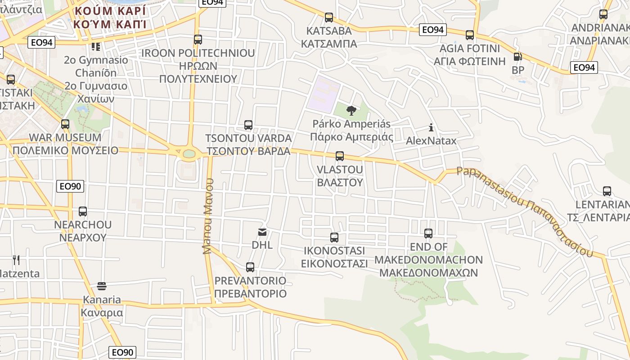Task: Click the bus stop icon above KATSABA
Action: (x=329, y=18)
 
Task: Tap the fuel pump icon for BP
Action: (x=518, y=57)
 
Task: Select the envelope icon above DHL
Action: (x=262, y=232)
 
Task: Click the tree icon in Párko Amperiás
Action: (x=351, y=110)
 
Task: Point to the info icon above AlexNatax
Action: (x=431, y=127)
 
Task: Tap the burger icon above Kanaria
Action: (x=102, y=286)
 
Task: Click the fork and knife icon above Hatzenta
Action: (x=16, y=260)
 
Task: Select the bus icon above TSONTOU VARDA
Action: (x=248, y=125)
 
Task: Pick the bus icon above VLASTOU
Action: (x=340, y=156)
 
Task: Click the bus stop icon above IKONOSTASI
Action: (x=334, y=238)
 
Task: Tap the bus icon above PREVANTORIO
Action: (x=250, y=267)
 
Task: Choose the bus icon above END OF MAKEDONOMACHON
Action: (x=428, y=234)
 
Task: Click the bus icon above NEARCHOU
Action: (x=83, y=211)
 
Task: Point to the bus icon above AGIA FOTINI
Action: (x=470, y=35)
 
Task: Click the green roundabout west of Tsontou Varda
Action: (x=189, y=154)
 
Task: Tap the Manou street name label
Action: (x=207, y=216)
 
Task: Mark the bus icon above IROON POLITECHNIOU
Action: (x=198, y=39)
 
